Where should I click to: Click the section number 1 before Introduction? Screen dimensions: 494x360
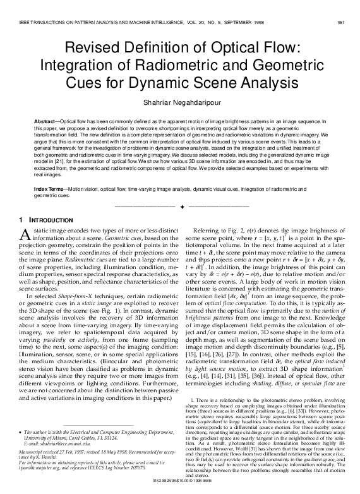[15, 219]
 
